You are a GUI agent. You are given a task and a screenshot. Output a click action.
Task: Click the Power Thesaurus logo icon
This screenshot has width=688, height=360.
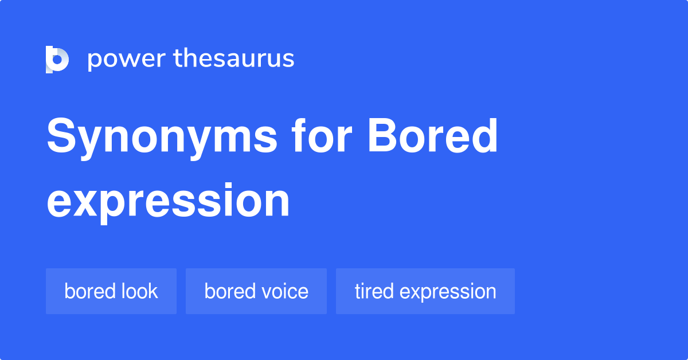pos(57,59)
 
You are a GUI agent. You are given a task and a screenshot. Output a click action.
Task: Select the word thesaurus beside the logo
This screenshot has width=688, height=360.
pos(234,59)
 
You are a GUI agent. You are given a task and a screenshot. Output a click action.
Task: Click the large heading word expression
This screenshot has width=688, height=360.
pos(168,201)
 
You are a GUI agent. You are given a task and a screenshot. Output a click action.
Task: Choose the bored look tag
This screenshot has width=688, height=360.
pos(111,291)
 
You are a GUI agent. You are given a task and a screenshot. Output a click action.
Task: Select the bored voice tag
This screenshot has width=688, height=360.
pos(256,291)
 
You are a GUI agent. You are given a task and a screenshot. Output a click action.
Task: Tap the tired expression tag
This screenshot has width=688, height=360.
pos(425,291)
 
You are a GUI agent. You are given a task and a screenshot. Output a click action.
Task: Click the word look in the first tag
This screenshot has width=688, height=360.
pos(139,291)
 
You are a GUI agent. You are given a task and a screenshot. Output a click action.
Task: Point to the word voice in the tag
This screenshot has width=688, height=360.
pos(287,291)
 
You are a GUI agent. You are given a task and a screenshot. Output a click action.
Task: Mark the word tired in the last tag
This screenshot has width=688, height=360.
pos(374,291)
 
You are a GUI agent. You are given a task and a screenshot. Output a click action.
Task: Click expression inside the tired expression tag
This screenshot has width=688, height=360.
pos(448,292)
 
